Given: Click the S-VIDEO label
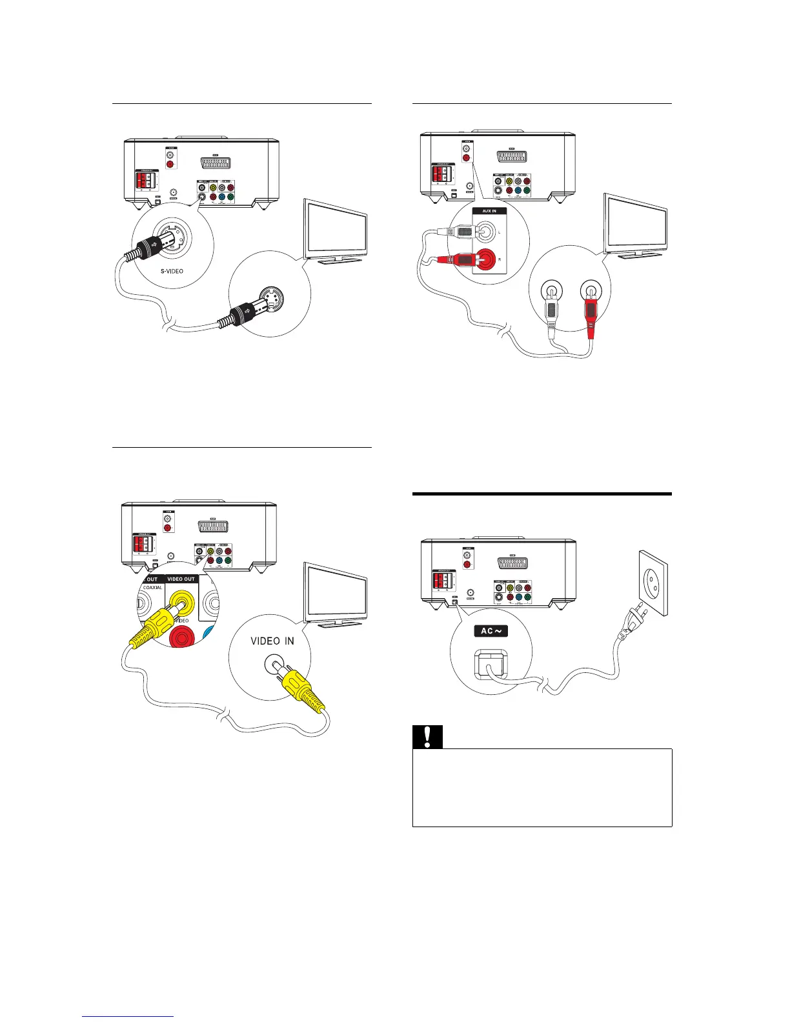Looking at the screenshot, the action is [x=172, y=271].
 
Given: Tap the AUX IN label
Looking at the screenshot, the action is [x=489, y=211].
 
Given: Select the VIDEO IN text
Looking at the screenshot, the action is [x=272, y=641].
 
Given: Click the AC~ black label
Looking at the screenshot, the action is [x=491, y=630].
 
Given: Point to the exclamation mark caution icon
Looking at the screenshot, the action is [x=427, y=737].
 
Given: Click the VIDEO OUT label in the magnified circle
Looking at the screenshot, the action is [x=181, y=579].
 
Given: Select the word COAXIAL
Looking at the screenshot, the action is [x=152, y=588].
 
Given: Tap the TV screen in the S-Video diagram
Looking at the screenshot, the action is [x=336, y=227].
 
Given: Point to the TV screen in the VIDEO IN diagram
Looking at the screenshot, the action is [x=336, y=592].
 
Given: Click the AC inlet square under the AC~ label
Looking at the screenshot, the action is [x=491, y=668].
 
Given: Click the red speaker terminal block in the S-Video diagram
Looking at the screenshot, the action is [x=143, y=179].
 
